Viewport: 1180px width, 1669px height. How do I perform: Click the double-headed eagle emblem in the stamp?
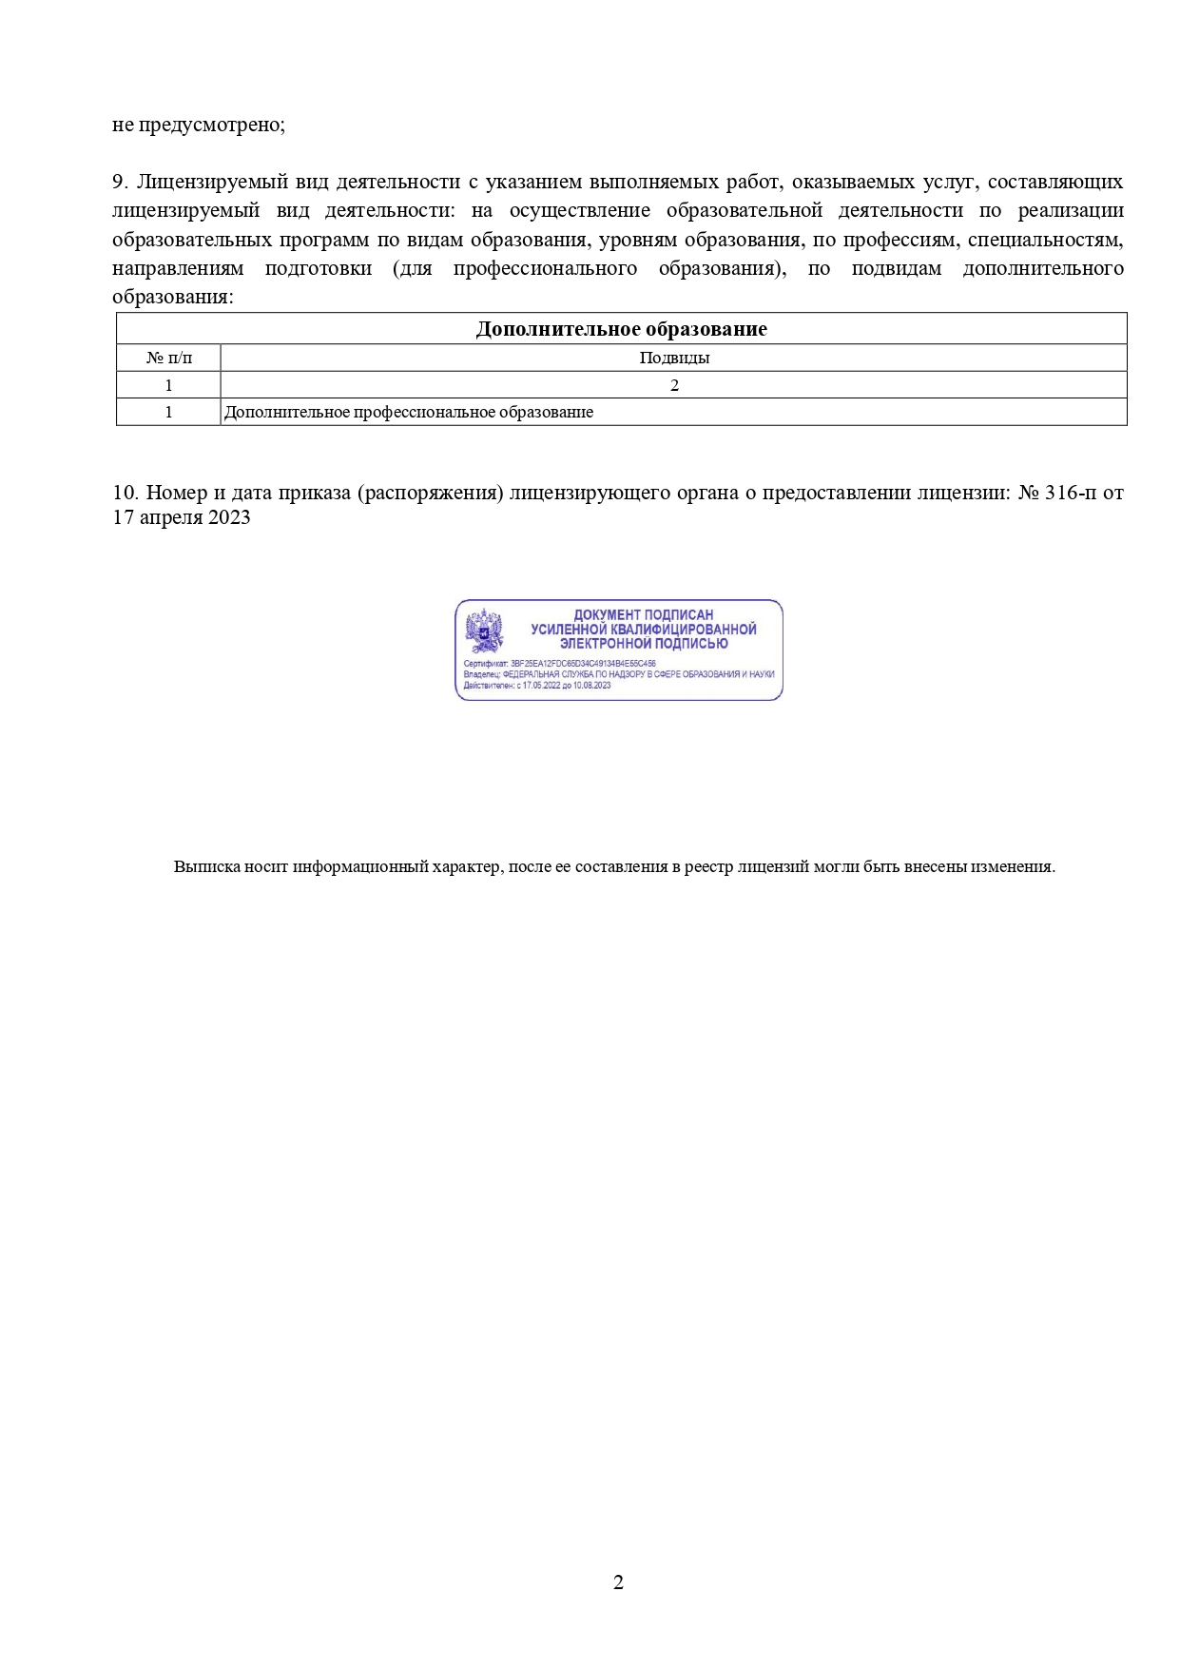point(484,629)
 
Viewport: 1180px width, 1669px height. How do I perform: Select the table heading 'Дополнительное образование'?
point(621,329)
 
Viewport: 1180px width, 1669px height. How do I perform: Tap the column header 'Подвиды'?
point(674,358)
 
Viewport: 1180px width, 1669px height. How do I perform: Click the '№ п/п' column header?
point(168,358)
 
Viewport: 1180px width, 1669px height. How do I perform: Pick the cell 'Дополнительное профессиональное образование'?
point(409,412)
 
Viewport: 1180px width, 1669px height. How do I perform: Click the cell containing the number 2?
point(674,385)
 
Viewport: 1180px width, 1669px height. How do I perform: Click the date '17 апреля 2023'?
point(182,517)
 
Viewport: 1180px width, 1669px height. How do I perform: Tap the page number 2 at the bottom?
point(618,1582)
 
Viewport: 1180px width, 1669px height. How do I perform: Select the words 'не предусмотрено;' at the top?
point(199,125)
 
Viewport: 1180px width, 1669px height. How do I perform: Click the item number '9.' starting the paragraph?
point(120,182)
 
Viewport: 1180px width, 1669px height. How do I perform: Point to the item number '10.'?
point(126,493)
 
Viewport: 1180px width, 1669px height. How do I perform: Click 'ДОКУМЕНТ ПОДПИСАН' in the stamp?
point(643,615)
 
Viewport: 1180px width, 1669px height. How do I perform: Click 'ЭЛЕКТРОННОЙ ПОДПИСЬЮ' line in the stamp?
point(643,643)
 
